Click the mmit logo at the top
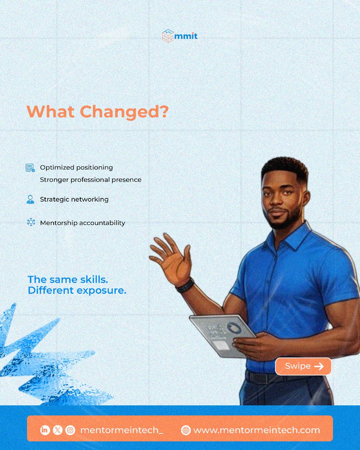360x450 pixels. pyautogui.click(x=180, y=36)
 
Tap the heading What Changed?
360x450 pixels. pyautogui.click(x=97, y=111)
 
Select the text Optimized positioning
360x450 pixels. pyautogui.click(x=76, y=167)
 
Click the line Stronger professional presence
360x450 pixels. pyautogui.click(x=91, y=180)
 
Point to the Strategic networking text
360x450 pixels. pyautogui.click(x=74, y=199)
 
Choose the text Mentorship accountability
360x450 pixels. pyautogui.click(x=82, y=223)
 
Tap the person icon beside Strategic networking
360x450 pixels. pyautogui.click(x=30, y=199)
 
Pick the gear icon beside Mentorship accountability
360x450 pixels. pyautogui.click(x=31, y=222)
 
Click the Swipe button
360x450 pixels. pyautogui.click(x=303, y=366)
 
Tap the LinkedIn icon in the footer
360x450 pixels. pyautogui.click(x=45, y=430)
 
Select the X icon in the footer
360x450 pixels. pyautogui.click(x=57, y=430)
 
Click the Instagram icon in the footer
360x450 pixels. pyautogui.click(x=70, y=430)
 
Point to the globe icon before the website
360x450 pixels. pyautogui.click(x=186, y=430)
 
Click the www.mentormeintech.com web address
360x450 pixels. pyautogui.click(x=256, y=430)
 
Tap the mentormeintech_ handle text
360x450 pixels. pyautogui.click(x=121, y=430)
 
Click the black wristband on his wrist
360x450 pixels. pyautogui.click(x=185, y=285)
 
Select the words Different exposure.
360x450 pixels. pyautogui.click(x=77, y=290)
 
